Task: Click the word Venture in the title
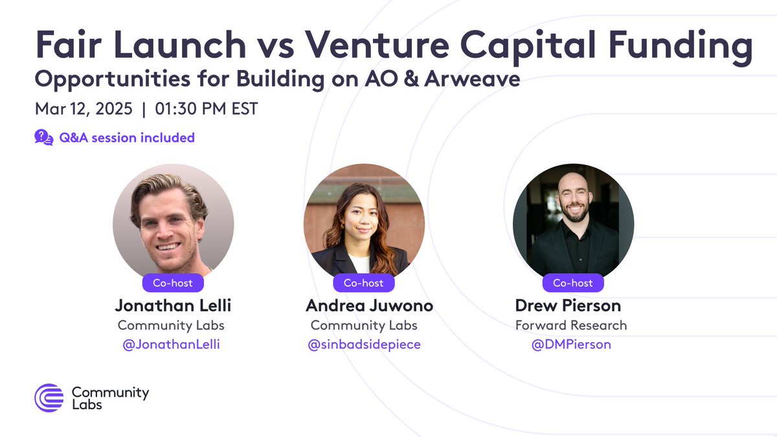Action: point(377,45)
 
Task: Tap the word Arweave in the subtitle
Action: point(472,79)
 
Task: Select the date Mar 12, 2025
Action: point(84,109)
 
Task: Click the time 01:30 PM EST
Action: point(207,109)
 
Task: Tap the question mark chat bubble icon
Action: point(44,137)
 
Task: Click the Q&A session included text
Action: point(127,138)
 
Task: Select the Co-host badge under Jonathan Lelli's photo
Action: point(173,283)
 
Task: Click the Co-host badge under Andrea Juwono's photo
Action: point(363,283)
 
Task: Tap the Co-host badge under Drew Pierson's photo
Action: point(572,283)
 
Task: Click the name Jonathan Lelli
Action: point(173,306)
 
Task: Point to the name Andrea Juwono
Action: point(370,306)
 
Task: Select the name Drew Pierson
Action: point(569,306)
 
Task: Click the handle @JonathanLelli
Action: point(172,344)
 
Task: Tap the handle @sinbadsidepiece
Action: point(364,344)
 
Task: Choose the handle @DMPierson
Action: point(571,344)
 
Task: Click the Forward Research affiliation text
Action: point(571,325)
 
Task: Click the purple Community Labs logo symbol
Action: point(49,398)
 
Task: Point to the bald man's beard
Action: point(575,212)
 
